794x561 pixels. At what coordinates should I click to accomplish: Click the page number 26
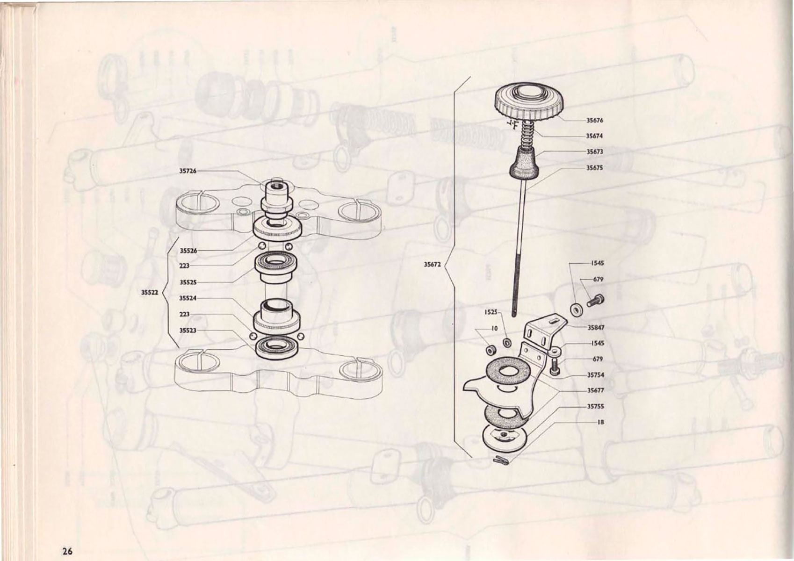[67, 551]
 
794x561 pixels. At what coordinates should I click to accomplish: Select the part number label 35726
[188, 171]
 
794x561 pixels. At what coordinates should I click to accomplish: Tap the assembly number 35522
[149, 293]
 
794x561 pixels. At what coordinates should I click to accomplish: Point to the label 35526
[188, 251]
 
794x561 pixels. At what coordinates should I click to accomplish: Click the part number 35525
[188, 282]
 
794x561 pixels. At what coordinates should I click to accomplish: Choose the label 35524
[188, 298]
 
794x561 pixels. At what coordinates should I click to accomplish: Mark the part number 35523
[188, 331]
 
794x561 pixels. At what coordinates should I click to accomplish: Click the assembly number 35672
[433, 264]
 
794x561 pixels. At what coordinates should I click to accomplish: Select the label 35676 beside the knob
[594, 120]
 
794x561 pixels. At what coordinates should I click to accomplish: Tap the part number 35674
[594, 136]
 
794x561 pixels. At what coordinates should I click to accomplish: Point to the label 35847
[596, 327]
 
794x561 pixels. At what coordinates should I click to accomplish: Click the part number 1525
[491, 312]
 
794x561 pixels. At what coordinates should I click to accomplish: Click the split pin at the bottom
[501, 460]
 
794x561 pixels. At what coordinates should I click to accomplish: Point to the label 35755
[596, 406]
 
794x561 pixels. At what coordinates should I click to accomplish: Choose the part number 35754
[596, 374]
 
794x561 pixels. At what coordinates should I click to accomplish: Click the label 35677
[596, 390]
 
